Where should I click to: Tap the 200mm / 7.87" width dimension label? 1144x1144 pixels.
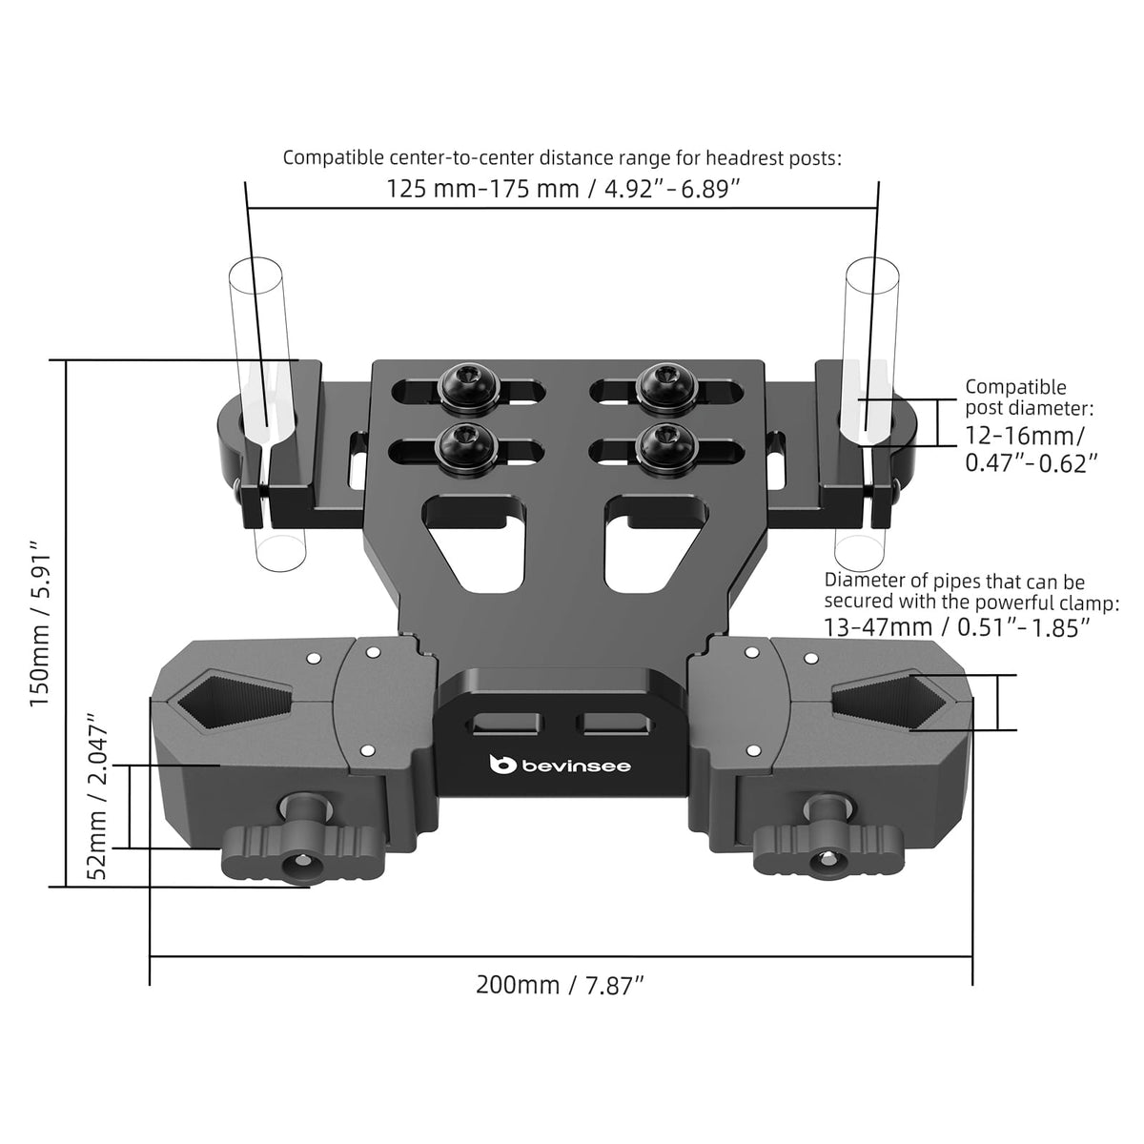pos(560,985)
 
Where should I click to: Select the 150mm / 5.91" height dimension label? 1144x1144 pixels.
pos(42,623)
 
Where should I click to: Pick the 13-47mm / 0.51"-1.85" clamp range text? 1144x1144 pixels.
pos(957,627)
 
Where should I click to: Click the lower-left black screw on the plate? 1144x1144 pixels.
pos(464,448)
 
